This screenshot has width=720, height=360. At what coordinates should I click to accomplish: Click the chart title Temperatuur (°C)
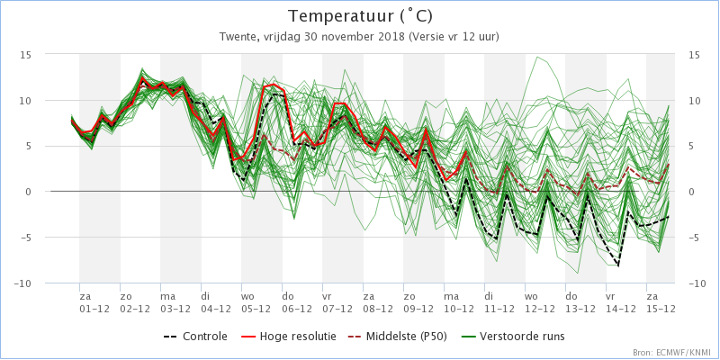[x=360, y=16]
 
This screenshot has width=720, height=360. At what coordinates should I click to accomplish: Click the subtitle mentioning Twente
[x=360, y=37]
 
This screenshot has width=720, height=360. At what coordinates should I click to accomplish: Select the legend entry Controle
[x=194, y=337]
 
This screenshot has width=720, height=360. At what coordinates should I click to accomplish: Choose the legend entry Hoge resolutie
[x=288, y=337]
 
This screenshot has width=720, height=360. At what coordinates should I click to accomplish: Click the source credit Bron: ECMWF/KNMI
[x=674, y=353]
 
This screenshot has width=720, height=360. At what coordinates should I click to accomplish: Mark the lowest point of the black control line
[x=619, y=266]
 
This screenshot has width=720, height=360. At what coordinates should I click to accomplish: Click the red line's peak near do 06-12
[x=274, y=84]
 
